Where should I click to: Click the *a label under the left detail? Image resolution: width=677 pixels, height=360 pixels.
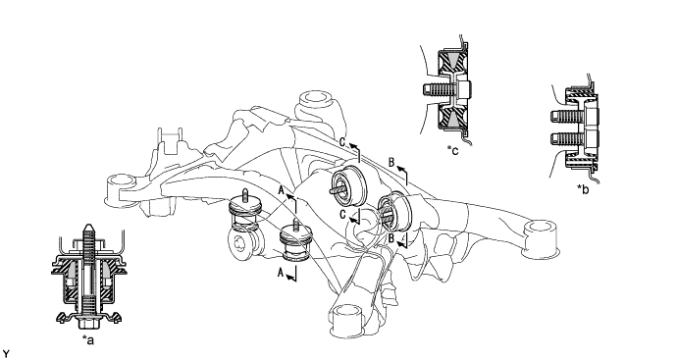coord(88,340)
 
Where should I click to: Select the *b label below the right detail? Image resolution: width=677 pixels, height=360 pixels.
coord(583,189)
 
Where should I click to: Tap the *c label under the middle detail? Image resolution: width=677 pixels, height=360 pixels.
coord(453,150)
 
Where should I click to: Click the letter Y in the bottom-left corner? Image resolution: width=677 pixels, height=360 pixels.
coord(5,355)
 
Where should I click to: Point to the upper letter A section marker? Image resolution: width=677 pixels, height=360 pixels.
coord(281,190)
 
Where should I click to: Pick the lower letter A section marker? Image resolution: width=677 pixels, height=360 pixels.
coord(281,273)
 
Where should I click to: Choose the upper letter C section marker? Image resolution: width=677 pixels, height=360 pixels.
coord(342,142)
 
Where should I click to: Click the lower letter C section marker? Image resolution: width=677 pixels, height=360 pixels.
coord(342,215)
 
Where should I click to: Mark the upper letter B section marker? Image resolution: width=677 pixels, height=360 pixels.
coord(391,163)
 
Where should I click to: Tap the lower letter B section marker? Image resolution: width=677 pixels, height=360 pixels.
coord(391,237)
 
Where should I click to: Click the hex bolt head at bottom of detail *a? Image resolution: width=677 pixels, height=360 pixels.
coord(88,323)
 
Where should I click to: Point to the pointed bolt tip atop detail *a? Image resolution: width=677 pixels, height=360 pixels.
coord(88,227)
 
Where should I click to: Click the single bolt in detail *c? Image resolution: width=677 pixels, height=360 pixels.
coord(446,90)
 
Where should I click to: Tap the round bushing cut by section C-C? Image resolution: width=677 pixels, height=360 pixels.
coord(349,184)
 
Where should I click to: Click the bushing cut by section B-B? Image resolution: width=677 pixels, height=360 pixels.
coord(394,212)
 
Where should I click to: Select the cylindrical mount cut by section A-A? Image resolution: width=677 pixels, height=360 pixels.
coord(293,243)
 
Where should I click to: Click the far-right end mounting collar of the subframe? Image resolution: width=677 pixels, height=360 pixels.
coord(541,239)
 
